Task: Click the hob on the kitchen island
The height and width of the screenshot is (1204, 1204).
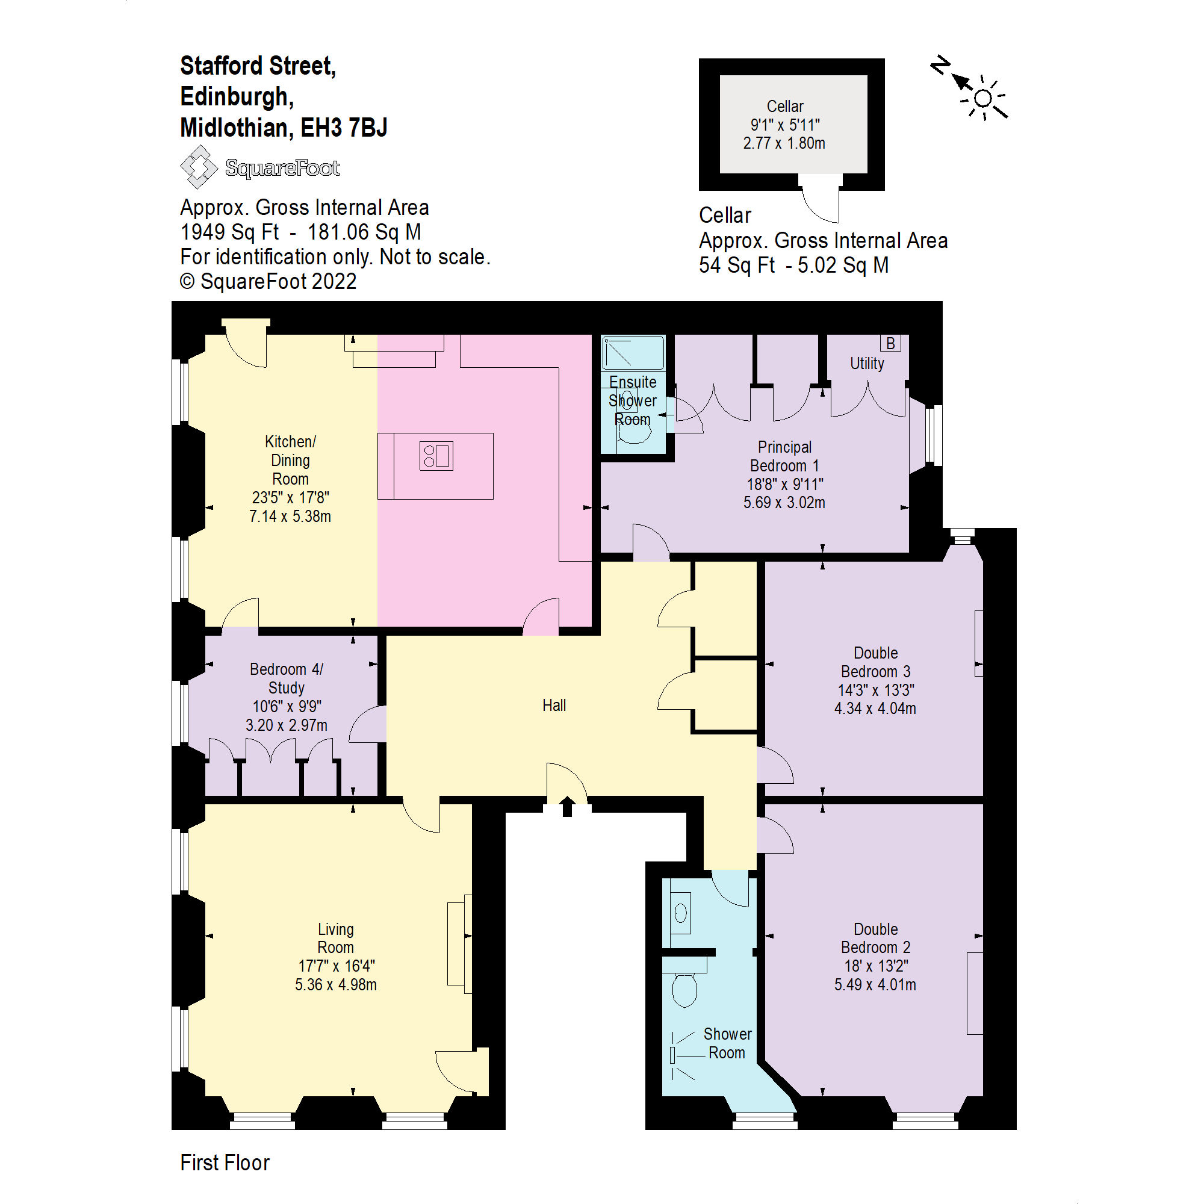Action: pos(436,456)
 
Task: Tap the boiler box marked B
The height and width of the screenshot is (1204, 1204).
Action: pos(890,343)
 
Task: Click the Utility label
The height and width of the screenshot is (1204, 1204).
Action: pos(867,364)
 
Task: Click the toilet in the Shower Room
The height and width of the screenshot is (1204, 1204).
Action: pos(685,990)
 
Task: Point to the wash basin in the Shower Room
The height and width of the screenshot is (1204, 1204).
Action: pos(680,914)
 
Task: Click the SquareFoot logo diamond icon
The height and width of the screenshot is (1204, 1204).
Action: pos(198,167)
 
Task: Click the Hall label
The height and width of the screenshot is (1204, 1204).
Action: pos(554,706)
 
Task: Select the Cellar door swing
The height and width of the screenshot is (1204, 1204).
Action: pos(821,200)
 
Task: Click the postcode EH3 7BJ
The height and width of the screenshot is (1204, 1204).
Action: pos(344,128)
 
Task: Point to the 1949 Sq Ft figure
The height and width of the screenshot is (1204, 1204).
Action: pos(229,232)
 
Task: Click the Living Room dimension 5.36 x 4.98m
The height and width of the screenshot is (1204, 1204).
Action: pos(336,985)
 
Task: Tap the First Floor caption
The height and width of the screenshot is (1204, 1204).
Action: pos(225,1163)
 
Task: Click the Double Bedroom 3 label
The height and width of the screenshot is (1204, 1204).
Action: pos(875,662)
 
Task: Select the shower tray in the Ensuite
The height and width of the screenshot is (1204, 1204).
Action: pos(633,353)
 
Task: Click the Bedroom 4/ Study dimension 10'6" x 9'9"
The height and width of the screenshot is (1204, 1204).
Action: pos(287,707)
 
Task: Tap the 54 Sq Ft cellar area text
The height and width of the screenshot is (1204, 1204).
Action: pos(737,265)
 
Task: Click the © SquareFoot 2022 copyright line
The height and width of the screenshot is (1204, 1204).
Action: pos(268,282)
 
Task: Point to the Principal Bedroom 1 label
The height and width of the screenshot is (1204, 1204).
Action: pos(784,456)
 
